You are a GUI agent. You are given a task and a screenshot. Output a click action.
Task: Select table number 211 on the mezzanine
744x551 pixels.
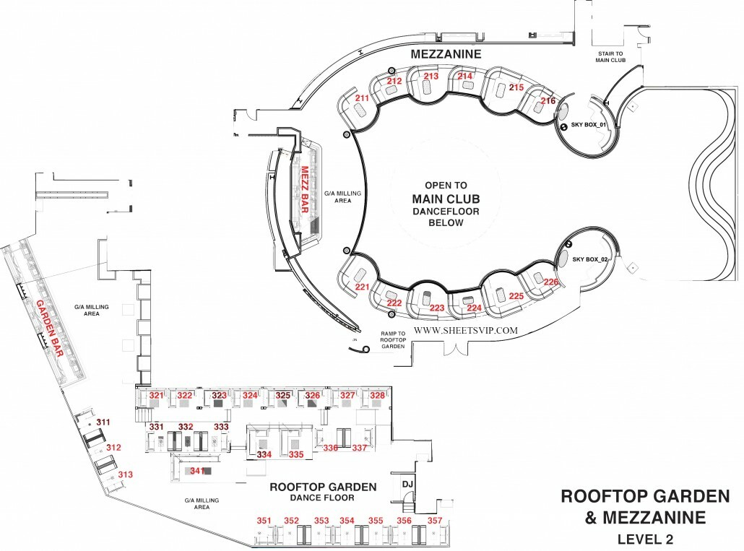tap(362, 97)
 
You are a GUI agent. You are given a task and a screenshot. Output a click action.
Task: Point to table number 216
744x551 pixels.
tap(548, 101)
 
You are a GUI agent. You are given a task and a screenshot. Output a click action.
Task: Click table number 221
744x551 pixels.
tap(362, 287)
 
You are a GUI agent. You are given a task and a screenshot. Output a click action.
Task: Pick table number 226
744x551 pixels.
tap(551, 282)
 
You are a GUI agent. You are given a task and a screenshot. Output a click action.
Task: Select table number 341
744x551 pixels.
tap(195, 471)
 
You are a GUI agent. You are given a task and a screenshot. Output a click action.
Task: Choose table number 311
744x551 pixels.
tap(103, 422)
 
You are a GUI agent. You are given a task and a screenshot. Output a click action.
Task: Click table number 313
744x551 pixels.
tap(126, 474)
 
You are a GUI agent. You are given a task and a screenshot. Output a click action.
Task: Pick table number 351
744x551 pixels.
tap(264, 521)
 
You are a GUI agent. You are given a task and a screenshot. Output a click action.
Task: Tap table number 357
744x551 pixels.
tap(435, 521)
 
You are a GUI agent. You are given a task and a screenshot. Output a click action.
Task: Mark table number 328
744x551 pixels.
tap(377, 396)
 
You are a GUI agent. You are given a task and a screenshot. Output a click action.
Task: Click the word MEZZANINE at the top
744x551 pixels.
tap(446, 54)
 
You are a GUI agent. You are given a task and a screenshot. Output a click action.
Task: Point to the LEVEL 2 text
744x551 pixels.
tap(645, 538)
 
